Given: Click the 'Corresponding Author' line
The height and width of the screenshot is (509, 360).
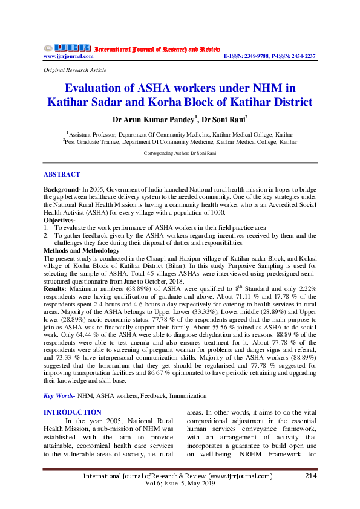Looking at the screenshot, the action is (180, 154).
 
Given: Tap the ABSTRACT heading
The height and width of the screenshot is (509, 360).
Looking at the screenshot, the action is (61, 174).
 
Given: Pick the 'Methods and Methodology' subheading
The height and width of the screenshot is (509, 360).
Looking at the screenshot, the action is (81, 250).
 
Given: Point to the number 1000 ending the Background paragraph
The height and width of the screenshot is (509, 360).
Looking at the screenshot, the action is (217, 213).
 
